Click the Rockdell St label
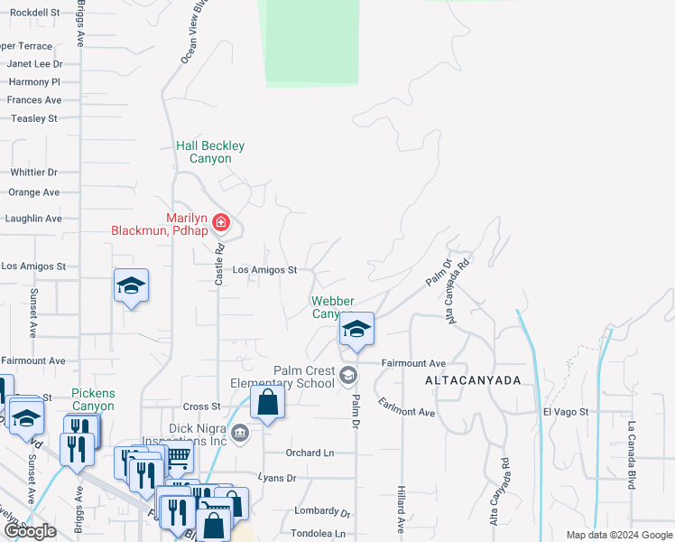33,14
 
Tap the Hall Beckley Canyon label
210,152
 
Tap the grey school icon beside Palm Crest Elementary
348,375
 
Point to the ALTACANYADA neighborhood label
474,381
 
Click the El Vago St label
566,412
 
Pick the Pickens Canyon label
93,400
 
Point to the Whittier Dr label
33,172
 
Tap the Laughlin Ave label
33,219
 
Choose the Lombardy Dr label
321,511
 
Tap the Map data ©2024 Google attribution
618,535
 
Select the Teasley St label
34,118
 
